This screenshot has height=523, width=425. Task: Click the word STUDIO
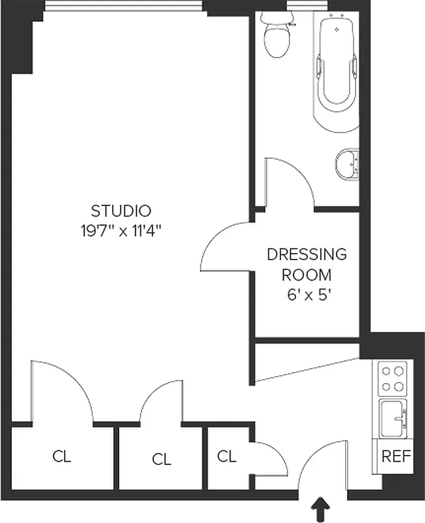click(x=121, y=211)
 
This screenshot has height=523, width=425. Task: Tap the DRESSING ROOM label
click(x=306, y=264)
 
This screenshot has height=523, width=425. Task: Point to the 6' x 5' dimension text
click(x=306, y=294)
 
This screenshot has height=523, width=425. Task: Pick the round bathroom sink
click(x=346, y=163)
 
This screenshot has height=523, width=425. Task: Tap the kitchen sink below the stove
click(x=393, y=417)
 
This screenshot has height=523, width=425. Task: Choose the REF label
click(x=396, y=456)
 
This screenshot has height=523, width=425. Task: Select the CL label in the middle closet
click(x=161, y=460)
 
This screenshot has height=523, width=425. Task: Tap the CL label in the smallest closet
click(x=227, y=456)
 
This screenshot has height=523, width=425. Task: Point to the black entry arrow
click(x=321, y=509)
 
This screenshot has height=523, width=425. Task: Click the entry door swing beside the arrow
click(x=321, y=464)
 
